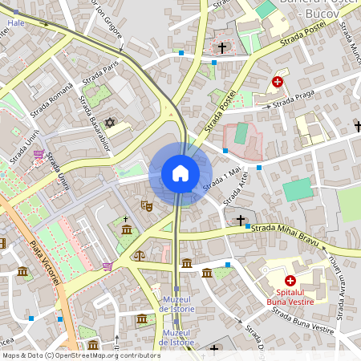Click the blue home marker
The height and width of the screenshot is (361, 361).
[180, 173]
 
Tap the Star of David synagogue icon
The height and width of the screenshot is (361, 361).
[111, 123]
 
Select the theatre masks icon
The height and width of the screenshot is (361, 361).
[147, 205]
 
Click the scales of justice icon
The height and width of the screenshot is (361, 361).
[140, 256]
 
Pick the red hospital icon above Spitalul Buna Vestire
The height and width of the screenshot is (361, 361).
[290, 282]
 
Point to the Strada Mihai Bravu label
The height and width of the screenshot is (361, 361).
[286, 233]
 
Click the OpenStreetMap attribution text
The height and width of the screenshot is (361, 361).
[81, 355]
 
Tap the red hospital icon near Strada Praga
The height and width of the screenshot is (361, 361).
[278, 82]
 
